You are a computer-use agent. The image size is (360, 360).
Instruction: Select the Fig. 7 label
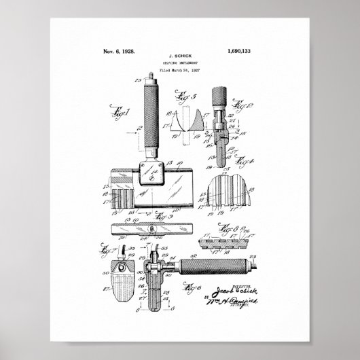(111, 249)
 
